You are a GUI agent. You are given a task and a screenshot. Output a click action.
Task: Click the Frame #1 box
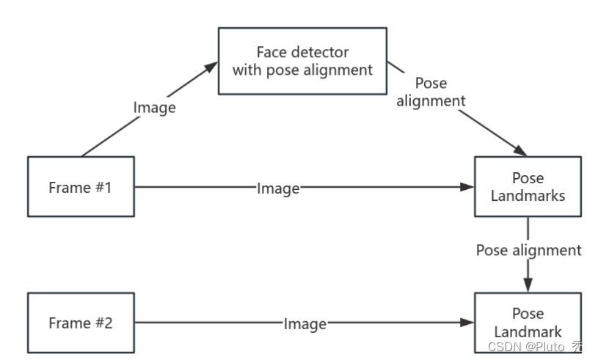point(81,187)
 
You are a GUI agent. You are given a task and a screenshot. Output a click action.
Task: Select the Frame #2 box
point(81,323)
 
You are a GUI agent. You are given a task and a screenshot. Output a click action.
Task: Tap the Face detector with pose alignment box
point(302,61)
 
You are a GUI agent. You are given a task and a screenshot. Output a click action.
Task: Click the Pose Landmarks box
point(528,186)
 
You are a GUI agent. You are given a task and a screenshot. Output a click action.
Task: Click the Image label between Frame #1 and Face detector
point(155,107)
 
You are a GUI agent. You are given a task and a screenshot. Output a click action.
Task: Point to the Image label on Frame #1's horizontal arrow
point(278,188)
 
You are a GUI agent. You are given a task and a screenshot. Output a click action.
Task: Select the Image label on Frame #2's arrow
point(304,323)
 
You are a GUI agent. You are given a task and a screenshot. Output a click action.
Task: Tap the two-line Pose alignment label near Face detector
point(431,92)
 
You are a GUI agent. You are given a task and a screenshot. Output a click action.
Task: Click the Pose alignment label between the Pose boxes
point(528,250)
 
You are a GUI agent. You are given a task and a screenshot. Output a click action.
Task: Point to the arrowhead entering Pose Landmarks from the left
point(467,188)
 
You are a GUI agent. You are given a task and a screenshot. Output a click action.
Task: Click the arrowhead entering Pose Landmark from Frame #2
point(467,323)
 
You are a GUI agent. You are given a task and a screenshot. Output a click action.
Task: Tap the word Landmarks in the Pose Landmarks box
point(528,196)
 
